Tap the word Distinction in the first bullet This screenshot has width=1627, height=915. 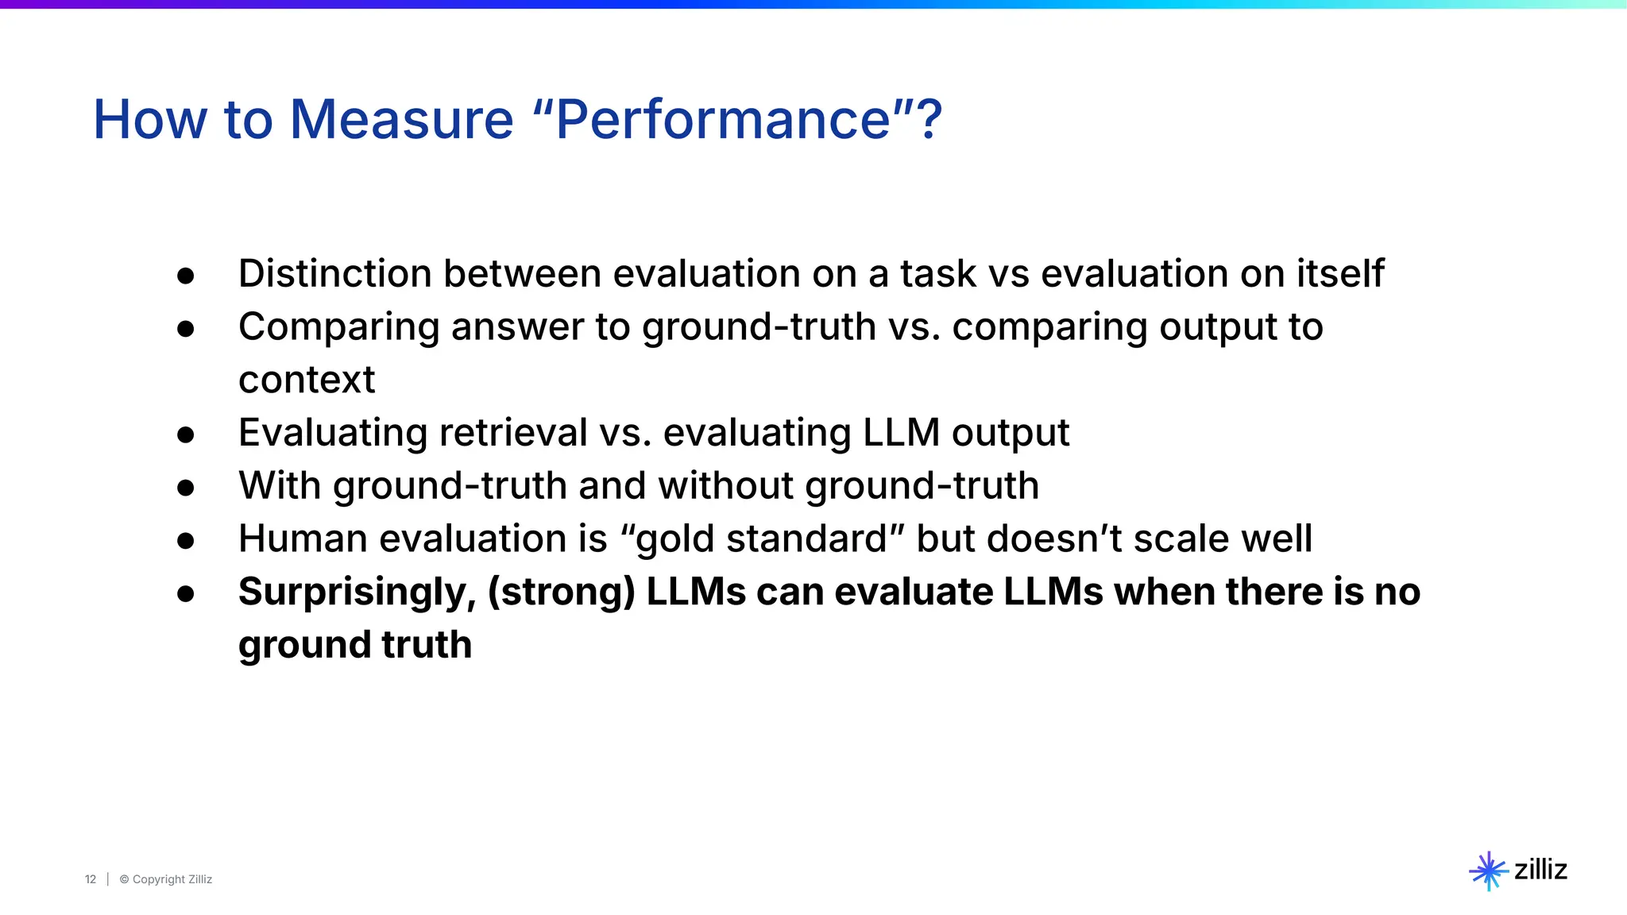[x=334, y=273]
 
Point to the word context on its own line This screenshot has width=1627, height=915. [x=306, y=380]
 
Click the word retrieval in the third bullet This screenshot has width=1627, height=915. [x=512, y=433]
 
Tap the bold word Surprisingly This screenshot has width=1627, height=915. [x=357, y=593]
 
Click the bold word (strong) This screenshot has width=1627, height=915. [x=561, y=592]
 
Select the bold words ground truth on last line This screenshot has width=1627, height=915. [x=355, y=645]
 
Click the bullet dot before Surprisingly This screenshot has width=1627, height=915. [x=186, y=593]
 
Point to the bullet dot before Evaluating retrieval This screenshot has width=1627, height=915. [x=186, y=434]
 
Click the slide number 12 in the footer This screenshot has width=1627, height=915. [x=91, y=879]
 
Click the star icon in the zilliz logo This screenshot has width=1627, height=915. [x=1487, y=871]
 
